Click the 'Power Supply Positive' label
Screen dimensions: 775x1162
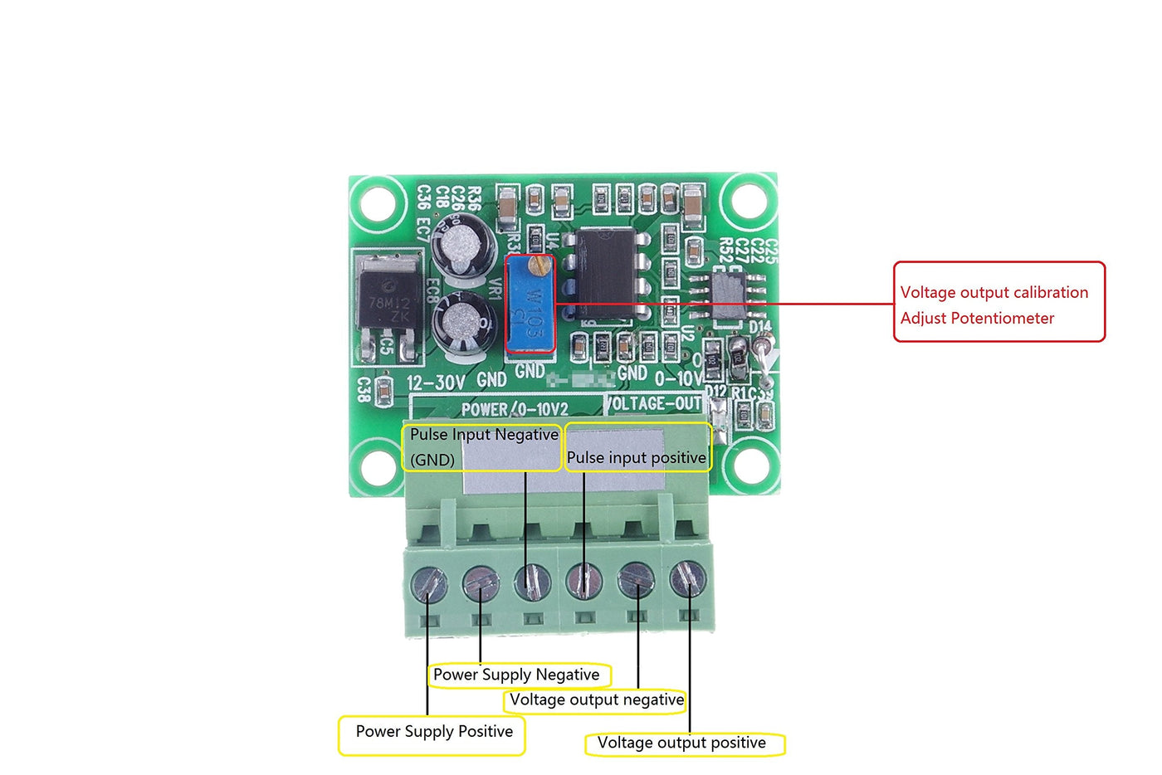click(x=433, y=733)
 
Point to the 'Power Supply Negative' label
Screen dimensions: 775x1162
click(x=518, y=675)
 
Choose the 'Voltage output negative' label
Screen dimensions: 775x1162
click(x=595, y=700)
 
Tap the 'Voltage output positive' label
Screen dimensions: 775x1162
click(x=682, y=743)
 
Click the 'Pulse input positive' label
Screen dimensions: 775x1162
click(x=637, y=457)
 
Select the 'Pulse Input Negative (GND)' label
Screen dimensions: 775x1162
click(x=481, y=447)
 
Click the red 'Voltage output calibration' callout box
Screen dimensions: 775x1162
click(x=998, y=302)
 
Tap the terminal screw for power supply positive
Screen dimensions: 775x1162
click(x=428, y=584)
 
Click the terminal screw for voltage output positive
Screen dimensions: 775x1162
click(x=687, y=579)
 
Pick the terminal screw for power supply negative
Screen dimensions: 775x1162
click(x=481, y=583)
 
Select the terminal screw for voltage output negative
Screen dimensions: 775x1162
click(x=636, y=580)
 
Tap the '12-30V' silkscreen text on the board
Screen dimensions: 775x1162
click(x=437, y=383)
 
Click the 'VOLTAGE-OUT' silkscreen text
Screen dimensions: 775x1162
click(x=653, y=403)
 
